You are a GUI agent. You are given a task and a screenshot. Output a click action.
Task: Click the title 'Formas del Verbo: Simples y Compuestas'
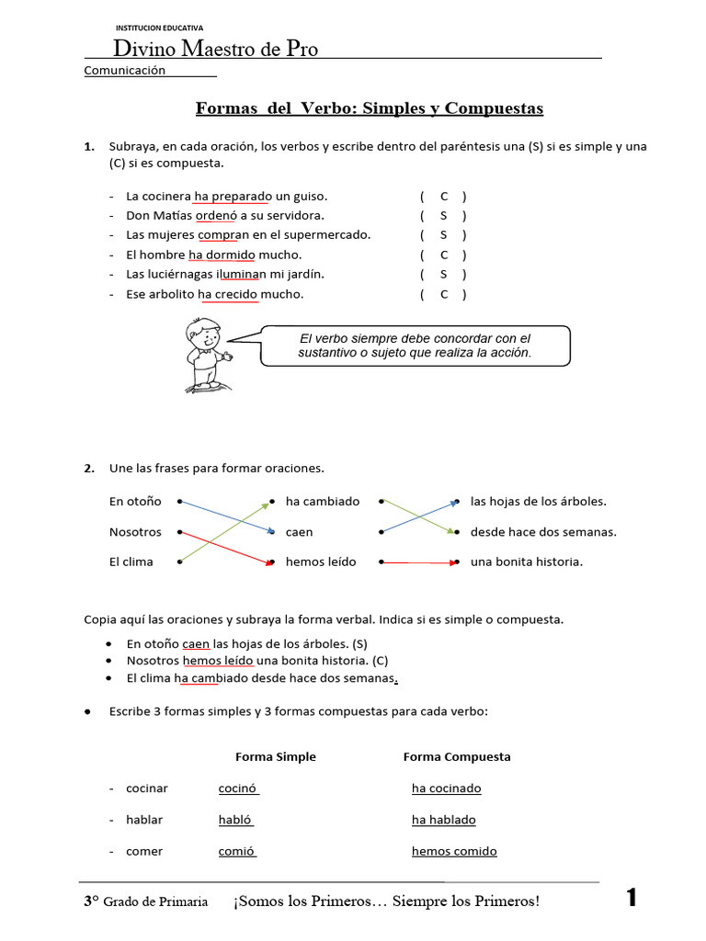370,109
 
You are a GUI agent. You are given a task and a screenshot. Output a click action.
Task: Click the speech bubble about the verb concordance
415,346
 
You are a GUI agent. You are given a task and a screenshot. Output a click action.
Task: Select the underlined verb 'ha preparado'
233,197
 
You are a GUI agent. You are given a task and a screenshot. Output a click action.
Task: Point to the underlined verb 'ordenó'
216,216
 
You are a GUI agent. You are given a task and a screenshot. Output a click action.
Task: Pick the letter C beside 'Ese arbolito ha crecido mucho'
444,294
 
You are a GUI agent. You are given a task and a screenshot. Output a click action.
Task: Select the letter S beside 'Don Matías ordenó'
444,216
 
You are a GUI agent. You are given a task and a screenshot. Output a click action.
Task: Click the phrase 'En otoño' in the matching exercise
135,502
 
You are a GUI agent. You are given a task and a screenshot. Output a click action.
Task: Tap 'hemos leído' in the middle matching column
321,561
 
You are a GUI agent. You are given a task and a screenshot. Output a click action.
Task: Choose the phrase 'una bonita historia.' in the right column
527,561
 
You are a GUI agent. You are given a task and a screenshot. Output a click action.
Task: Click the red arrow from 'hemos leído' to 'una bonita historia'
417,561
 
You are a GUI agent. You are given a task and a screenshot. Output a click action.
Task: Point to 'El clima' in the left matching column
131,561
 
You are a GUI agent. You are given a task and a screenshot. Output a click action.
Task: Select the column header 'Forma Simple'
276,757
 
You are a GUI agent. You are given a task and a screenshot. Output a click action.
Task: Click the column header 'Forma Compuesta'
457,757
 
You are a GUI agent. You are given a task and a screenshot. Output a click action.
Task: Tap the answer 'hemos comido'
454,852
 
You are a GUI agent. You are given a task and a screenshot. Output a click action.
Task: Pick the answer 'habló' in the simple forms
235,821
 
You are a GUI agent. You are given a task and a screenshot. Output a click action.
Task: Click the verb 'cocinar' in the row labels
147,788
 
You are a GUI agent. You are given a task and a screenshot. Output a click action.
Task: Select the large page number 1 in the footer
631,899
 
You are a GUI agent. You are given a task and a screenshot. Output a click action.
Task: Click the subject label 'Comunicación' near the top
125,71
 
